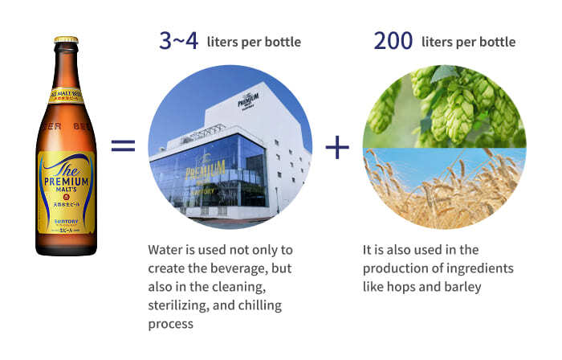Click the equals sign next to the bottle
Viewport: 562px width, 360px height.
pos(122,145)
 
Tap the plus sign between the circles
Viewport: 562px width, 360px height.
pos(338,146)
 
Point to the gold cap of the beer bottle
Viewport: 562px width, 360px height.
pos(66,41)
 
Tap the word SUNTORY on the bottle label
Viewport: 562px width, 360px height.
pos(65,217)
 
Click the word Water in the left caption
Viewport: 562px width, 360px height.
pos(167,250)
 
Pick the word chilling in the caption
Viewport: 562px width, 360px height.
pos(269,305)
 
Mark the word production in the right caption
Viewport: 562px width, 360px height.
pos(394,268)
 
